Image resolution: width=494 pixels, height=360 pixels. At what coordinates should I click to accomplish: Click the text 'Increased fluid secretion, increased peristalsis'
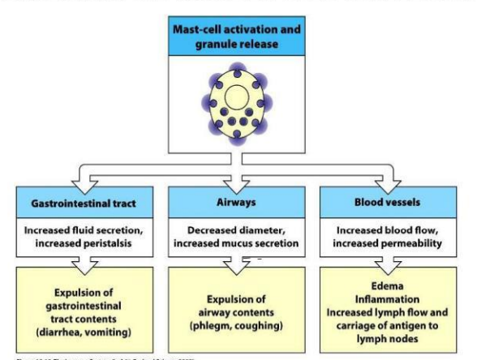coord(88,235)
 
